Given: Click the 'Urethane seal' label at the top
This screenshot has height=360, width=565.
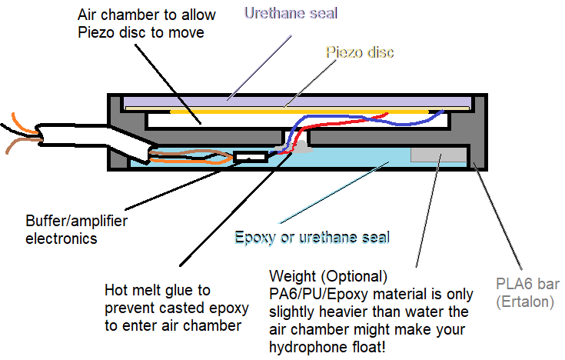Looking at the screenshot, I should pyautogui.click(x=291, y=13).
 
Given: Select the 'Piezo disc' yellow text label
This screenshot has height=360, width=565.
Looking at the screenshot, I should pyautogui.click(x=360, y=52).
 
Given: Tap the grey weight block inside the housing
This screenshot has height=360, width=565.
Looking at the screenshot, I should pyautogui.click(x=438, y=154).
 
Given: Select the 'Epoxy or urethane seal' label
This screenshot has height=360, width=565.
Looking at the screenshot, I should pyautogui.click(x=312, y=237).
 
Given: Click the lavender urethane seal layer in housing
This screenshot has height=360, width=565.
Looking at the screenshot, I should pyautogui.click(x=292, y=102).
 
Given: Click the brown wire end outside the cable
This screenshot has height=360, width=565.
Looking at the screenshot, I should pyautogui.click(x=15, y=146).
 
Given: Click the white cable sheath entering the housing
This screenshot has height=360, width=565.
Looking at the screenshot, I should pyautogui.click(x=77, y=135).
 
